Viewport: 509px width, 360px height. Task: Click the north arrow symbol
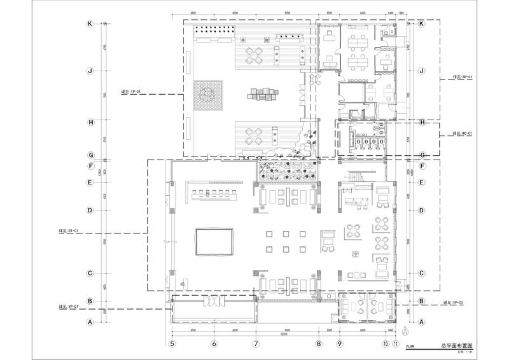pos(406,330)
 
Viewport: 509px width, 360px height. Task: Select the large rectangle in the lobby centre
pos(213,242)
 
